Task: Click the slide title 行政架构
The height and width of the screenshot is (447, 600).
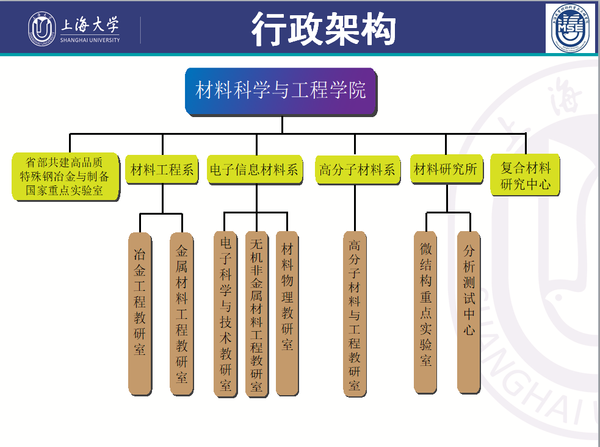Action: pos(323,28)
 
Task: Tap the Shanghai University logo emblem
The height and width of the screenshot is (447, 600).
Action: pos(42,28)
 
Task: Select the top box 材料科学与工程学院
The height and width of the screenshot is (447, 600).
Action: pos(281,91)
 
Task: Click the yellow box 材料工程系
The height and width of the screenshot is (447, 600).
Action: pos(162,170)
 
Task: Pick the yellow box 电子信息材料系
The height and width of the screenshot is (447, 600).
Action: pos(253,170)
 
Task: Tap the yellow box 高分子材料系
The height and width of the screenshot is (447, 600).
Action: pos(358,170)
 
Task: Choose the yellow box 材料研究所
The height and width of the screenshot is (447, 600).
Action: pos(446,169)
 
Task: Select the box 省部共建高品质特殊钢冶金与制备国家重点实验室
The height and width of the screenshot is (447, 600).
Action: pos(65,177)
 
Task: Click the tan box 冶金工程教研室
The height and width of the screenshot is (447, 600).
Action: pos(140,312)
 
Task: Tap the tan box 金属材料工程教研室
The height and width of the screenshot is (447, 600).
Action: pos(181,312)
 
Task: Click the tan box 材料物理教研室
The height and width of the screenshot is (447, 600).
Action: pos(287,312)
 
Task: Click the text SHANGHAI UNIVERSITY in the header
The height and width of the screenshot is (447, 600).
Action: pos(90,40)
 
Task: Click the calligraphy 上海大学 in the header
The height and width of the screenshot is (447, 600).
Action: pos(90,25)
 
